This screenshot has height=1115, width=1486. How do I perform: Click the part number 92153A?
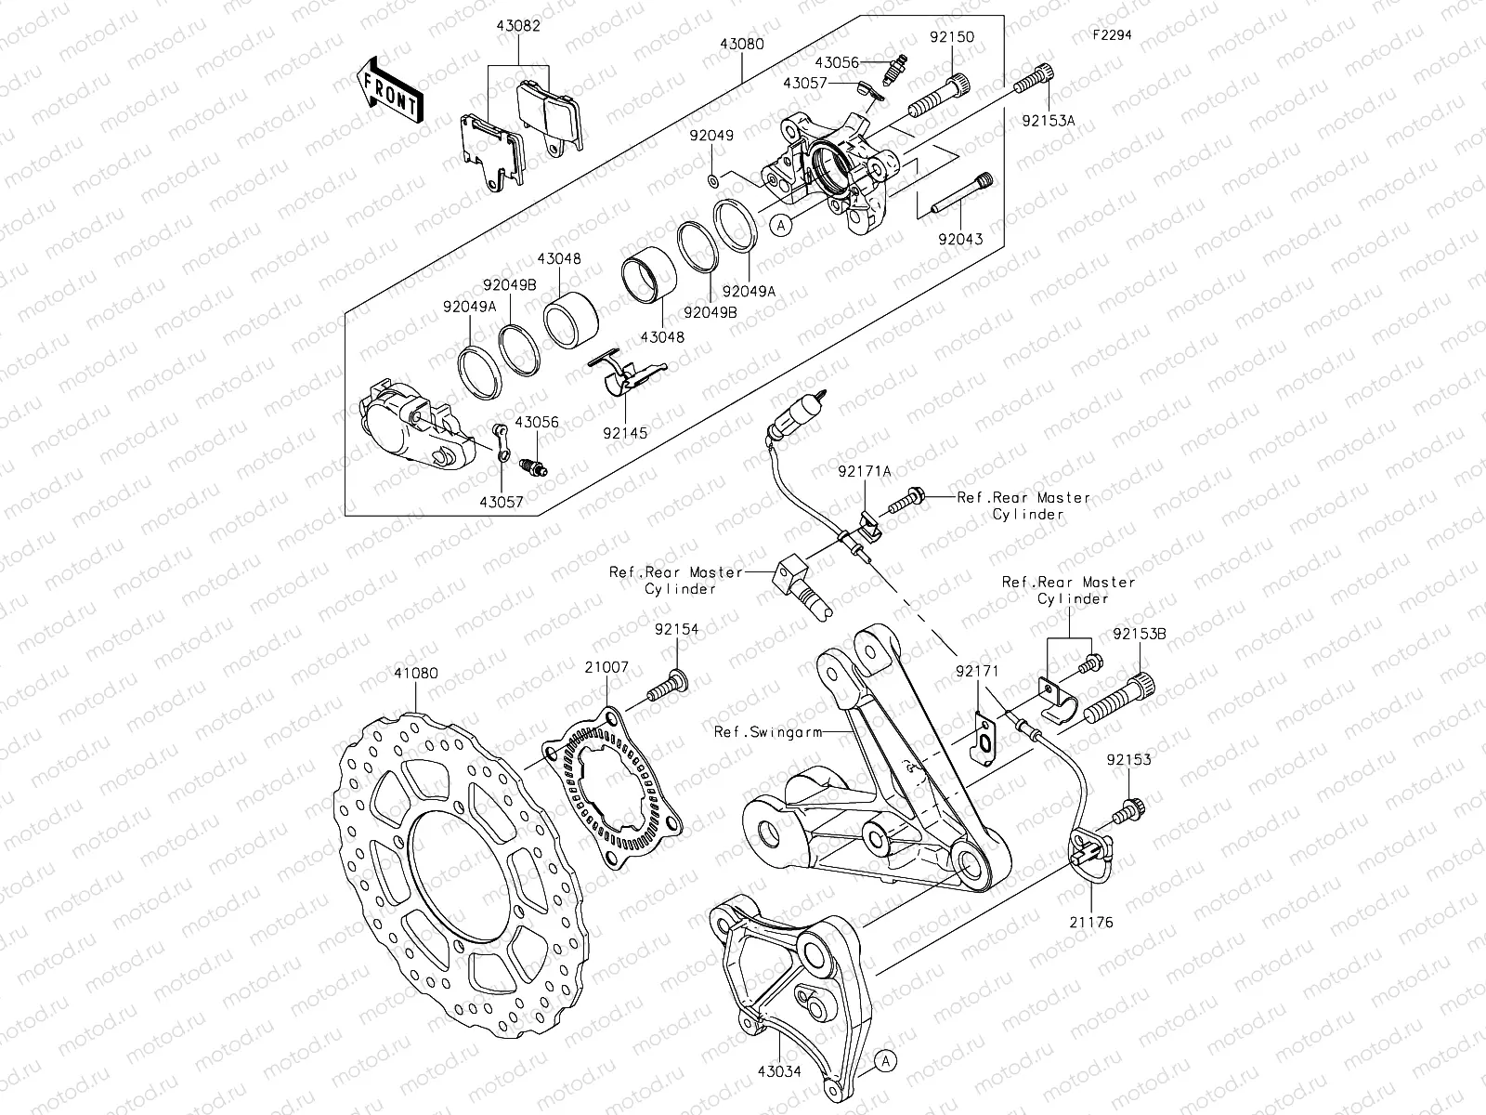(1049, 120)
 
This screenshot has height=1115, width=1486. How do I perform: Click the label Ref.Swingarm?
(768, 732)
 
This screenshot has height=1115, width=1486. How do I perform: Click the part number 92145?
(624, 433)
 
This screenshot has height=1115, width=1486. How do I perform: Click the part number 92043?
(959, 239)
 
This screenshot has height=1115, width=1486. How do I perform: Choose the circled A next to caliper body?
(781, 224)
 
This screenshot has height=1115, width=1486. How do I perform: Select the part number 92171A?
(864, 472)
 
